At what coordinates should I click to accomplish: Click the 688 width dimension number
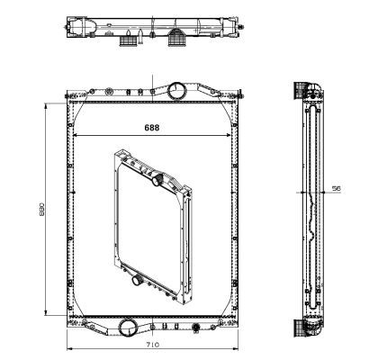click(x=153, y=128)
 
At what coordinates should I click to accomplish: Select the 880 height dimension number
click(x=40, y=209)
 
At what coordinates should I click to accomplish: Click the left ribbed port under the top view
click(x=133, y=40)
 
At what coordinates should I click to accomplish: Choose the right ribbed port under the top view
click(x=177, y=40)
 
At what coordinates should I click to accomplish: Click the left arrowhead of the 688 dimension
click(x=76, y=136)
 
